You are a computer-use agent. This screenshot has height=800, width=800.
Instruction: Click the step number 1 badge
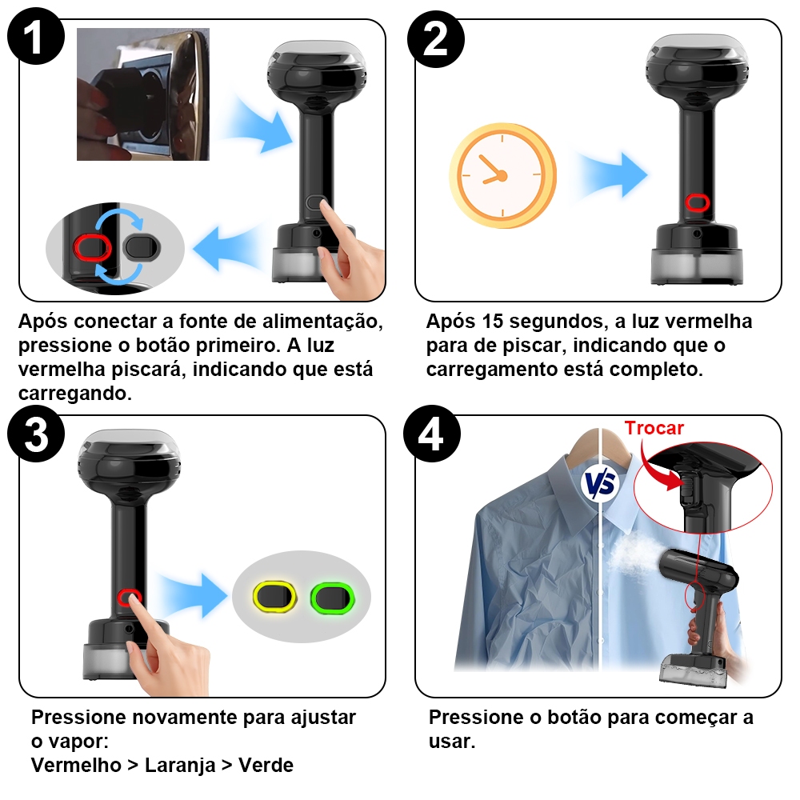coord(36,36)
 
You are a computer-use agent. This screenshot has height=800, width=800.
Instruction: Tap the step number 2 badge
coord(436,38)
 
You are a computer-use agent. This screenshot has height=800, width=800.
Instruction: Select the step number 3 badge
coord(36,434)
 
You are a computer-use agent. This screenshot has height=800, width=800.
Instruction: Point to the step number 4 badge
coord(432,434)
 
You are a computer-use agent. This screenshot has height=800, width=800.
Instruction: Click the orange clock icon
coord(502,175)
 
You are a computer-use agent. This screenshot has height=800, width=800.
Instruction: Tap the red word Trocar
coord(654,428)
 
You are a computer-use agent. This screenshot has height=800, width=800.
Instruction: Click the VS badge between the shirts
coord(601,483)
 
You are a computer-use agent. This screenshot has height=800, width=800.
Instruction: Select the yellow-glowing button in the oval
coord(274,597)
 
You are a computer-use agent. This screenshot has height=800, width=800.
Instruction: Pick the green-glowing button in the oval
coord(332,597)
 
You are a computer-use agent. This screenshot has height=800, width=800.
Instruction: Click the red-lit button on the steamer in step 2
coord(697,202)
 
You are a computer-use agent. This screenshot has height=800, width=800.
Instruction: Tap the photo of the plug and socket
coord(143,94)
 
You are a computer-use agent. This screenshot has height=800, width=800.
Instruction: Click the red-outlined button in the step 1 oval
coord(92,248)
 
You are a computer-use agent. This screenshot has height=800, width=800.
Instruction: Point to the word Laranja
coord(180,766)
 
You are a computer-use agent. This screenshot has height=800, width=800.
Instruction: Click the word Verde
coord(266,766)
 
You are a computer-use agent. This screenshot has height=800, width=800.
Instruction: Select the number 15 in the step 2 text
coord(492,322)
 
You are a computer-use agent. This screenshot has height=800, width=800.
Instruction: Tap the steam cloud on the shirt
coord(635,555)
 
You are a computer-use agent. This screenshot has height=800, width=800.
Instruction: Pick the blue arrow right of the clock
coord(612,174)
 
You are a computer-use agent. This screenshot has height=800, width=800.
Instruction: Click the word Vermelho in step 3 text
coord(76,766)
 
